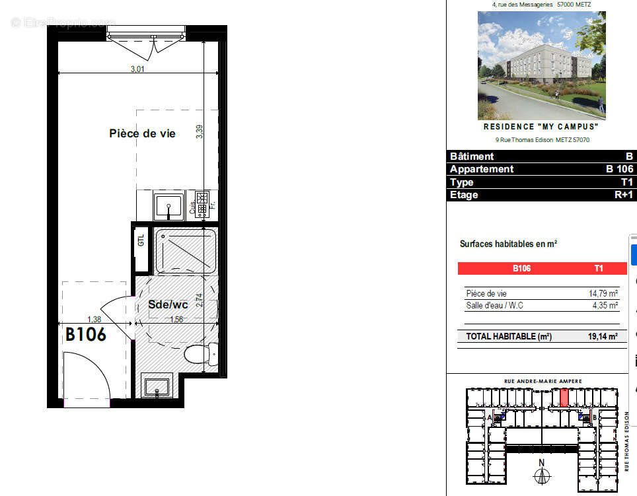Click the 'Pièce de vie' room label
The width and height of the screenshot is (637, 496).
click(x=142, y=133)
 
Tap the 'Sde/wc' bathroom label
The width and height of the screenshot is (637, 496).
click(x=168, y=305)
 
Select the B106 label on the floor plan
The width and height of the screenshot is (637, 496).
click(x=86, y=334)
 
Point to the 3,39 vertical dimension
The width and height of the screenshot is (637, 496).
click(x=200, y=131)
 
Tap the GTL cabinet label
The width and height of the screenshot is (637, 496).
click(x=141, y=241)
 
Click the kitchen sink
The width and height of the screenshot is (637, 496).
click(x=169, y=205)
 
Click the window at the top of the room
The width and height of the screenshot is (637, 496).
click(x=146, y=33)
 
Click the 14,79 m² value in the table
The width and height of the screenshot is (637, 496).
click(x=603, y=294)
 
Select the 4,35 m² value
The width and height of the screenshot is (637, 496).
click(x=605, y=306)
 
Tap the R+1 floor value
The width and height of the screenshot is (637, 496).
click(x=623, y=195)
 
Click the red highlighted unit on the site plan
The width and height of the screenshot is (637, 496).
click(x=564, y=398)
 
